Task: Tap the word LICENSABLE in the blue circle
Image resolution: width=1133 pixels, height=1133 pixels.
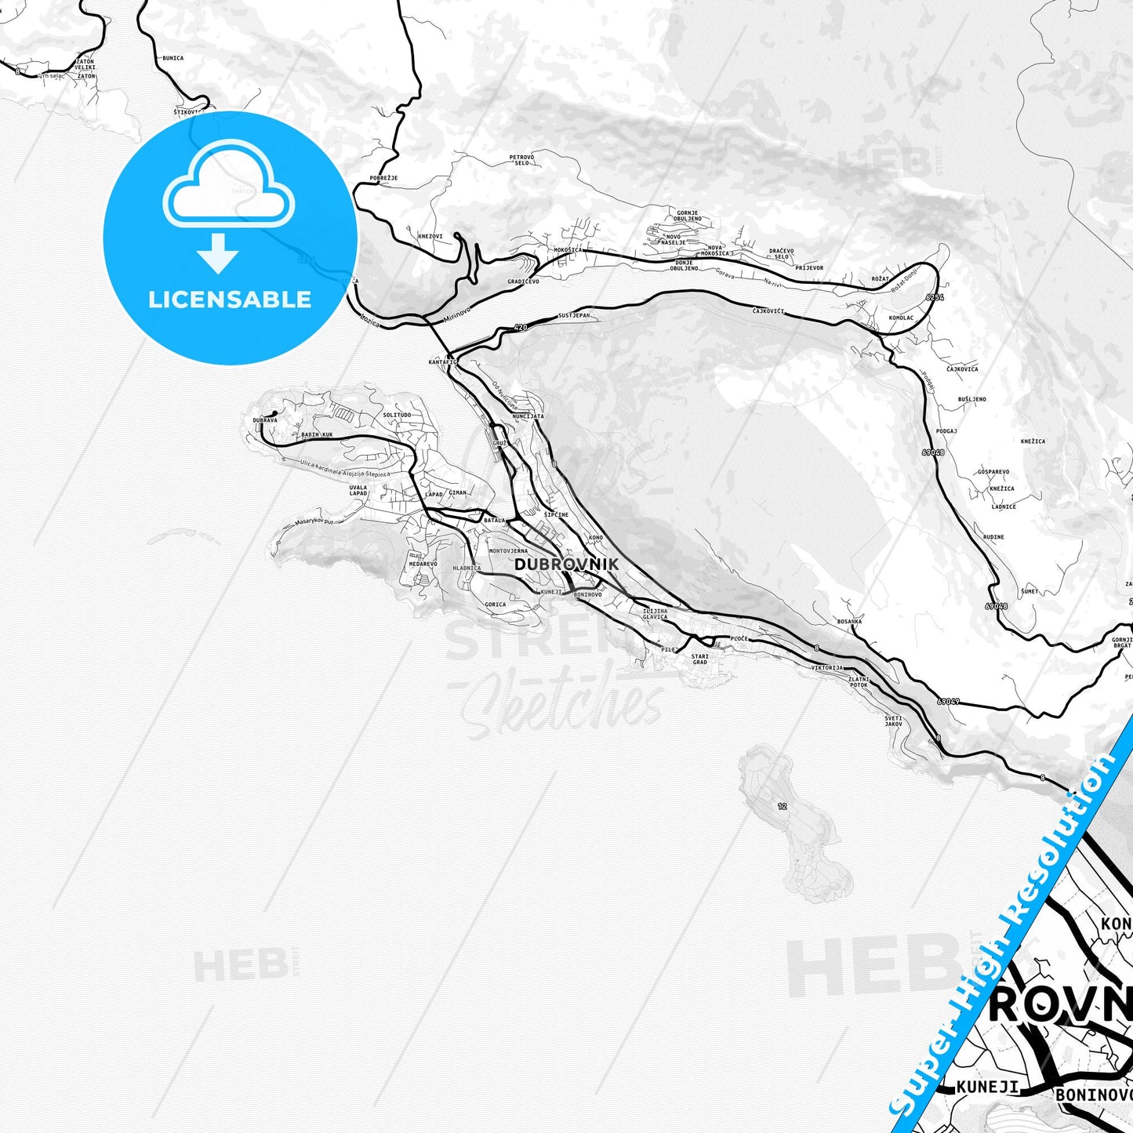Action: click(x=230, y=300)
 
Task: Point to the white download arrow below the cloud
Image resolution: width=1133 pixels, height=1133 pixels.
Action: click(x=218, y=252)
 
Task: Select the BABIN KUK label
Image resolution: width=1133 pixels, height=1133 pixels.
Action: click(x=317, y=434)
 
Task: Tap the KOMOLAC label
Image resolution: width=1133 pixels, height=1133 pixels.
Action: click(x=901, y=318)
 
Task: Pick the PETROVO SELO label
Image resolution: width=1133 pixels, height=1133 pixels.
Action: click(x=521, y=159)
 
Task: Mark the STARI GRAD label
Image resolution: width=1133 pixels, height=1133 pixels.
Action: click(x=700, y=659)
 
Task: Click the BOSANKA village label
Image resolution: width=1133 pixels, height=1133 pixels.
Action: click(x=849, y=621)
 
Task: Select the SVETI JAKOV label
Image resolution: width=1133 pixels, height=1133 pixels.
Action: click(x=894, y=721)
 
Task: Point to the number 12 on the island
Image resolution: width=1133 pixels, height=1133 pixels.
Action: click(x=782, y=806)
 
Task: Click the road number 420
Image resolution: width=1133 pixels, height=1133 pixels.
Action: click(x=521, y=327)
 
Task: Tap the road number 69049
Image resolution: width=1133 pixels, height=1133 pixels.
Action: click(x=948, y=701)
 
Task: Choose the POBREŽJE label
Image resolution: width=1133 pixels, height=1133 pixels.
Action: click(x=383, y=178)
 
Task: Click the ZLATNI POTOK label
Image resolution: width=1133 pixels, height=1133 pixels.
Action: click(x=859, y=681)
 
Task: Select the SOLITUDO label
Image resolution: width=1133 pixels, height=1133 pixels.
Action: click(x=397, y=415)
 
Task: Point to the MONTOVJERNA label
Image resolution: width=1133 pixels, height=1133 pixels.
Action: click(x=508, y=551)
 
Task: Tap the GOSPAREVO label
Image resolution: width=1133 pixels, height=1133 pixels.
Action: click(x=993, y=472)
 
